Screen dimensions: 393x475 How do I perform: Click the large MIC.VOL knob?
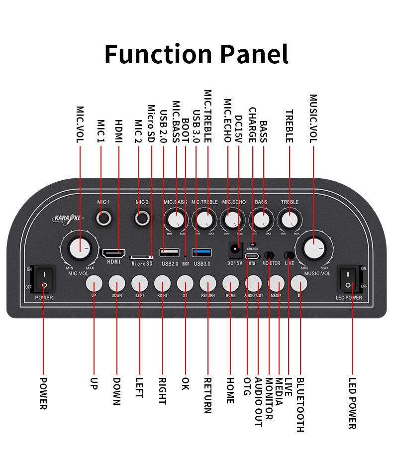[79, 248]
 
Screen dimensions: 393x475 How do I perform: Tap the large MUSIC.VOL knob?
[312, 248]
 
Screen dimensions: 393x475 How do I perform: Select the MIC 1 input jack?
[104, 217]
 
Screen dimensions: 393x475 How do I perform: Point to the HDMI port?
[114, 253]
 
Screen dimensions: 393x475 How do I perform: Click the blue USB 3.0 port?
[202, 252]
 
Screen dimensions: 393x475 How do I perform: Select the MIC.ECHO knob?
[232, 219]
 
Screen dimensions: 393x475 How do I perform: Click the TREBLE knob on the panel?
[289, 219]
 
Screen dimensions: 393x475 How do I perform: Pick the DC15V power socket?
[234, 248]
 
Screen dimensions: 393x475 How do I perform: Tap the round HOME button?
[230, 283]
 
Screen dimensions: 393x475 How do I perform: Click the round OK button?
[185, 283]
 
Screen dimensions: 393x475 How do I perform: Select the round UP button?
[94, 283]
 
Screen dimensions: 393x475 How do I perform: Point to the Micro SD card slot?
[141, 257]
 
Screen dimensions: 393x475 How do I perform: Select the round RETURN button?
[208, 283]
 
